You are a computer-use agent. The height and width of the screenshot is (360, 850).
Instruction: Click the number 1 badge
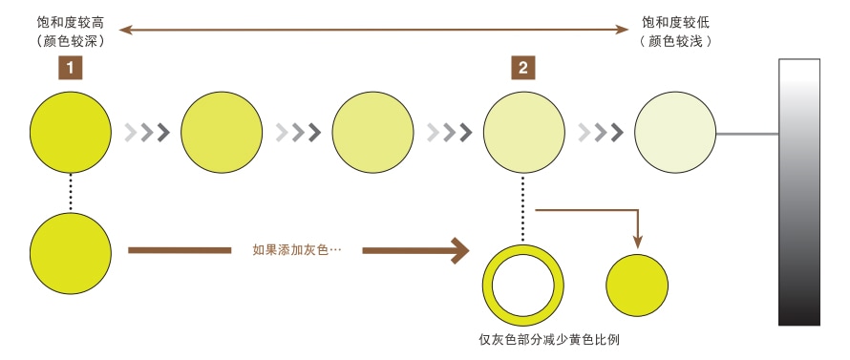tap(71, 67)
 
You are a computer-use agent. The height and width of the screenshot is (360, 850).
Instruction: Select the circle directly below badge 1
tap(70, 131)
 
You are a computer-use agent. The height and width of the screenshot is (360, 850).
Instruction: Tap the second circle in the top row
tap(222, 131)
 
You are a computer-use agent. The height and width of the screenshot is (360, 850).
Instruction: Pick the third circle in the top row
tap(372, 131)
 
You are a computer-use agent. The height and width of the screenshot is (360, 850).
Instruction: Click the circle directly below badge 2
tap(523, 131)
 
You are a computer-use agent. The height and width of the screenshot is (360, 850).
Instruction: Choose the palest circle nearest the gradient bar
tap(674, 131)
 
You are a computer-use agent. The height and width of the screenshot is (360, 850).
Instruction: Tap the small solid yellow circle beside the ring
tap(638, 284)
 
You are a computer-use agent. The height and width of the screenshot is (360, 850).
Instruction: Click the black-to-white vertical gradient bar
tap(799, 191)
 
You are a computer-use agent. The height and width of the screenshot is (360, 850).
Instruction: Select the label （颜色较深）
tap(64, 41)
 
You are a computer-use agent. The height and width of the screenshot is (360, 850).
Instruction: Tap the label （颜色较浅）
tap(677, 41)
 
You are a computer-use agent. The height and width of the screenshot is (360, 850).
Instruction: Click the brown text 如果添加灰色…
tap(297, 250)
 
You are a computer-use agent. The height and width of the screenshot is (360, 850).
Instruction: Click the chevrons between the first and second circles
tap(147, 132)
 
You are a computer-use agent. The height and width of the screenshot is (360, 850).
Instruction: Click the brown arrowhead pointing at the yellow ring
tap(460, 250)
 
